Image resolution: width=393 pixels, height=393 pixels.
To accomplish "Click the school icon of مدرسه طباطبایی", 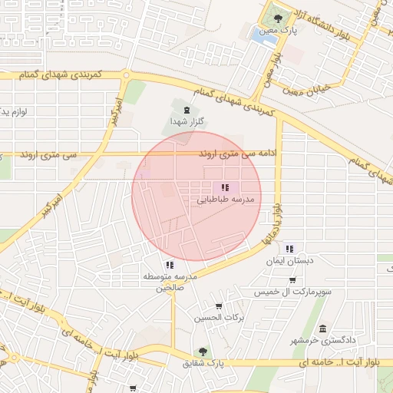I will click(x=225, y=187).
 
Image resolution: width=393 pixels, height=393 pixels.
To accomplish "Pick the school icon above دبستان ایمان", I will click(x=289, y=249).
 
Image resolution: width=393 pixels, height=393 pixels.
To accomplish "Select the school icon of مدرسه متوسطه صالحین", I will click(x=170, y=266).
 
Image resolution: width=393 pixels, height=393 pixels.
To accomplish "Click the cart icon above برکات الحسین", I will click(x=219, y=306).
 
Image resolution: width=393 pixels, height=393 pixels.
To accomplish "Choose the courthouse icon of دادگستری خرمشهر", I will click(x=322, y=329).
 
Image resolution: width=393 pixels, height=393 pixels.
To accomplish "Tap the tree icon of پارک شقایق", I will click(x=203, y=352).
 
